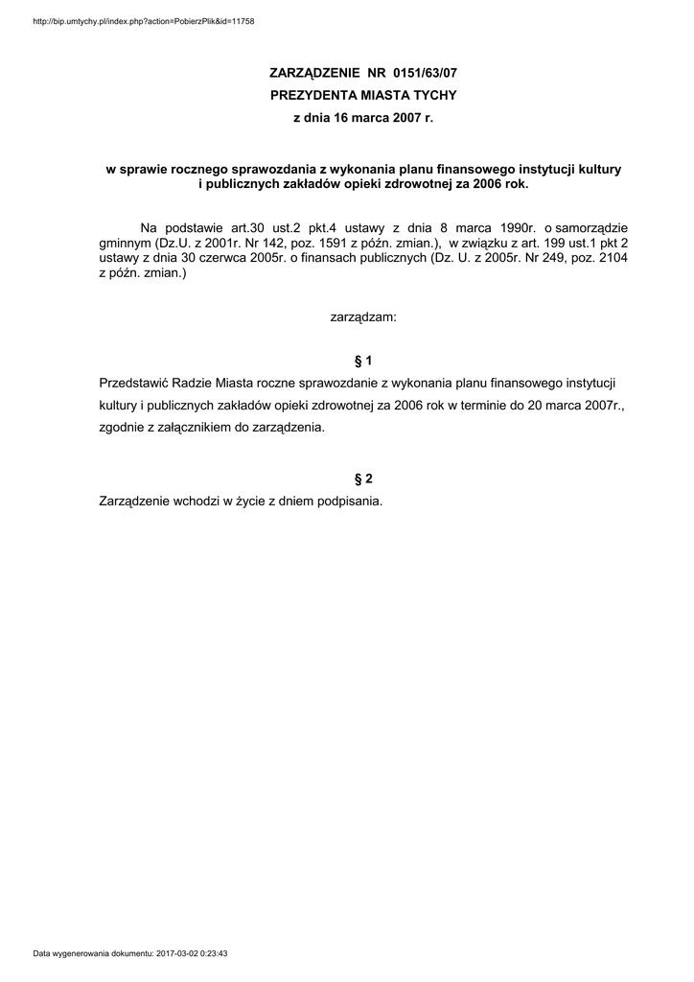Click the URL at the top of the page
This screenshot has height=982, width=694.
[x=144, y=21]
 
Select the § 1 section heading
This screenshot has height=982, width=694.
[x=362, y=361]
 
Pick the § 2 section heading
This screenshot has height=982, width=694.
[x=362, y=479]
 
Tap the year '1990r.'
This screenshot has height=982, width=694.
[x=512, y=227]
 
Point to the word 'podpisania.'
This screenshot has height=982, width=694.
[x=350, y=501]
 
